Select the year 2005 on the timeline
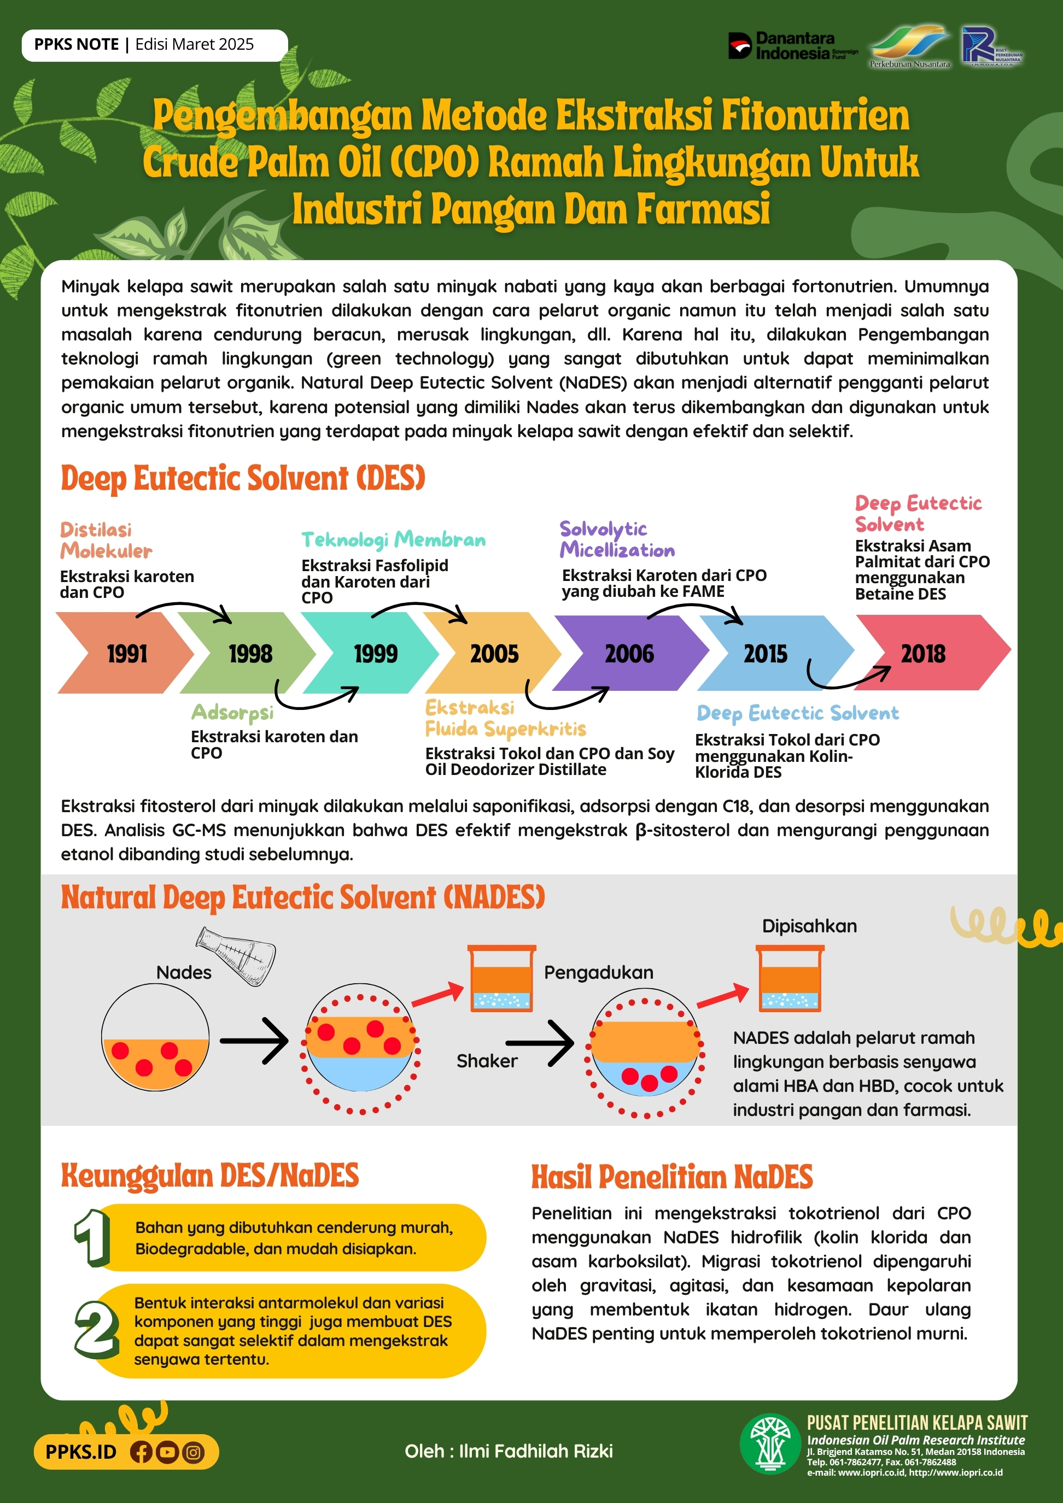click(494, 653)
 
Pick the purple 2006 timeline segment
click(629, 653)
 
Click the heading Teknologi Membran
click(393, 539)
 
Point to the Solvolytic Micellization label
click(616, 539)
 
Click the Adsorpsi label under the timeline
click(232, 712)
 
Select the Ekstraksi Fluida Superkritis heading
click(504, 718)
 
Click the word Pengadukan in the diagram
click(598, 972)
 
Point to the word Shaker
click(487, 1060)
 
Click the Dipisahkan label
click(809, 926)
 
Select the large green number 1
click(92, 1237)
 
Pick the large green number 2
click(96, 1329)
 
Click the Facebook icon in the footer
click(141, 1452)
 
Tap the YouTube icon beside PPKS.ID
click(167, 1452)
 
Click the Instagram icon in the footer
click(192, 1452)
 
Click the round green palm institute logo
click(770, 1444)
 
